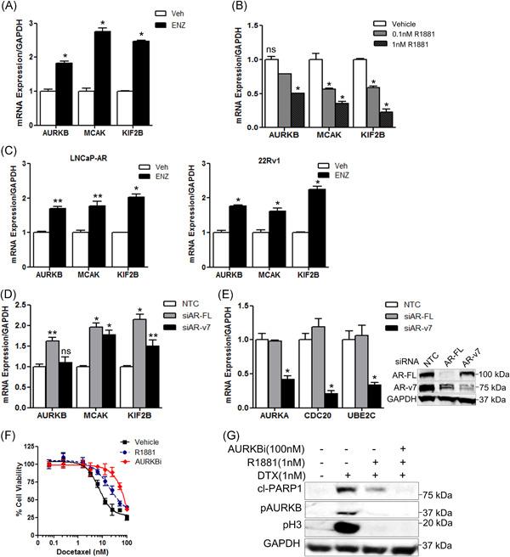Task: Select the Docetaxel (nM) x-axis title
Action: [82, 544]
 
